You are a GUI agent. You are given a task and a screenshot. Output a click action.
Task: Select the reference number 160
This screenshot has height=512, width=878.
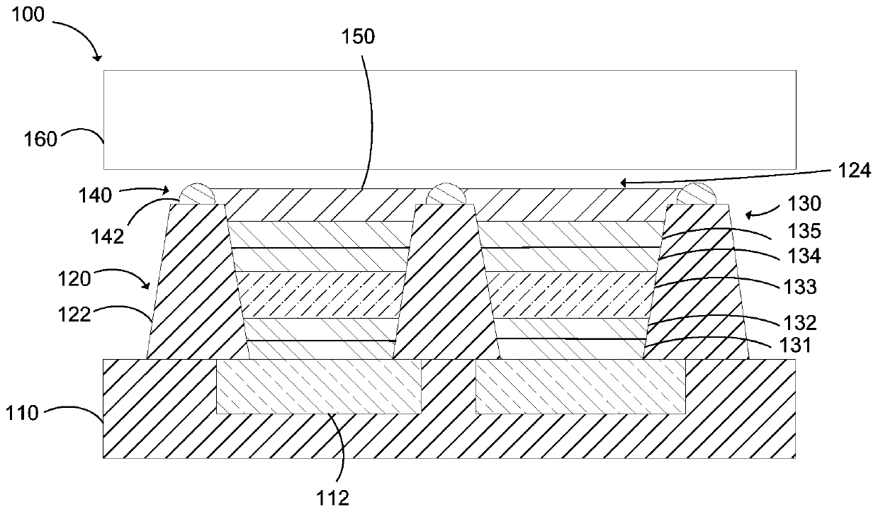(x=41, y=140)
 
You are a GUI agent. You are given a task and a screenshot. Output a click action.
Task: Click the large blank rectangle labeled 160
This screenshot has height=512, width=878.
(x=449, y=120)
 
